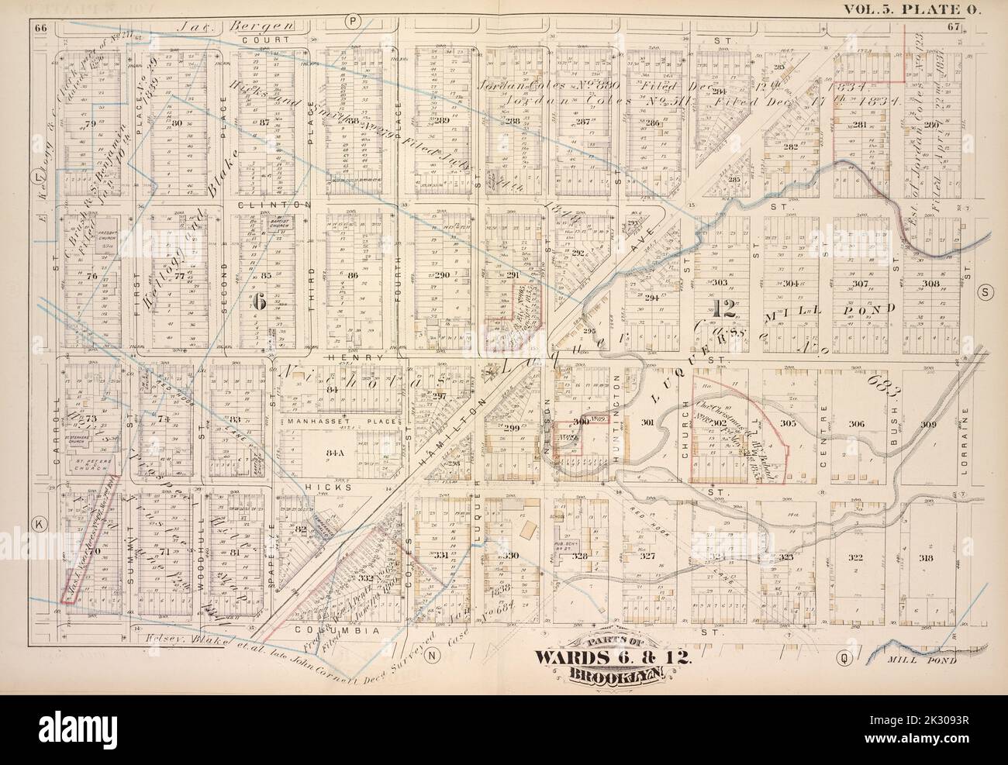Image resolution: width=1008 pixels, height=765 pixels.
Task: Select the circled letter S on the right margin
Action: coord(986,291)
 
